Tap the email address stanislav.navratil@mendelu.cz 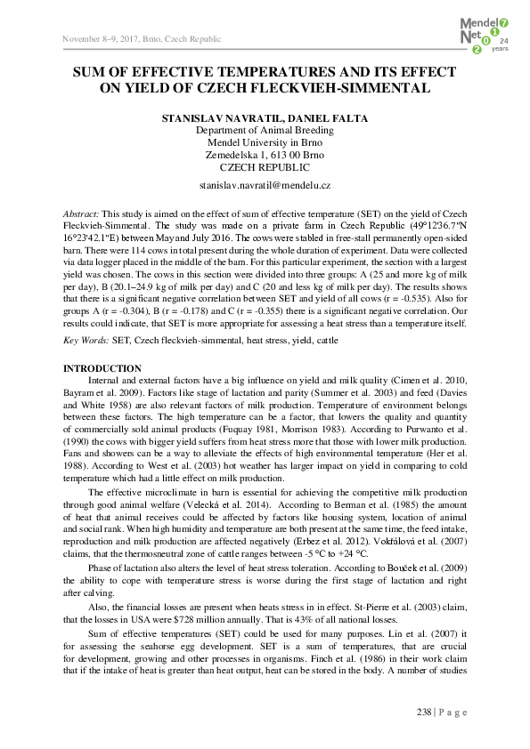pos(265,184)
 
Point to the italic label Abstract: pos(81,216)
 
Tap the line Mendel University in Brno pos(265,142)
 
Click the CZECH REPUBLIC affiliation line pos(265,166)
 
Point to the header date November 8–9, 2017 pos(102,40)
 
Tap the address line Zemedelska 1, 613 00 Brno pos(265,155)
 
